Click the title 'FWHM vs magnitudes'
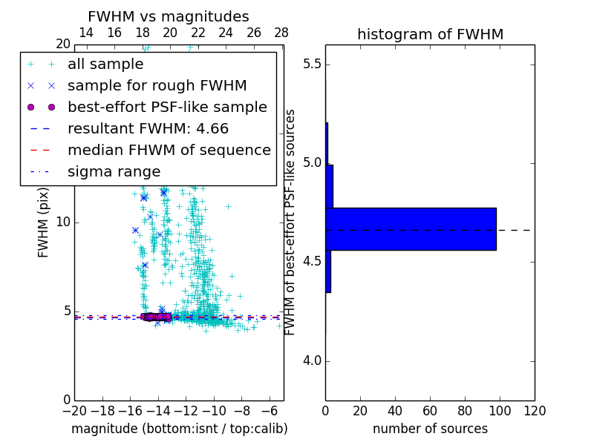click(x=169, y=16)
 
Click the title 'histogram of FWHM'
click(x=430, y=34)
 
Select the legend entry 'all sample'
click(x=105, y=65)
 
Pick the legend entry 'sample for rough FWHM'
click(x=157, y=85)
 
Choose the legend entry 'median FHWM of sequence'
click(x=169, y=150)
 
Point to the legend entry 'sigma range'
click(x=114, y=171)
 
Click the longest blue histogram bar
click(x=411, y=229)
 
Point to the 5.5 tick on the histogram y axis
click(x=311, y=65)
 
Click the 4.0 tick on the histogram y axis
click(x=311, y=361)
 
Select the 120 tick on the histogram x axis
click(x=535, y=411)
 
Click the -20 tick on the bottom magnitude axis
click(x=74, y=411)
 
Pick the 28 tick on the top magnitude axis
click(x=281, y=33)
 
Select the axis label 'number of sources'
click(x=430, y=429)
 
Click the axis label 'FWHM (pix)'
click(x=43, y=222)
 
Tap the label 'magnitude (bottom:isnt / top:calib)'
click(x=179, y=429)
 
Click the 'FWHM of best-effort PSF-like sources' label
click(x=291, y=222)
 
